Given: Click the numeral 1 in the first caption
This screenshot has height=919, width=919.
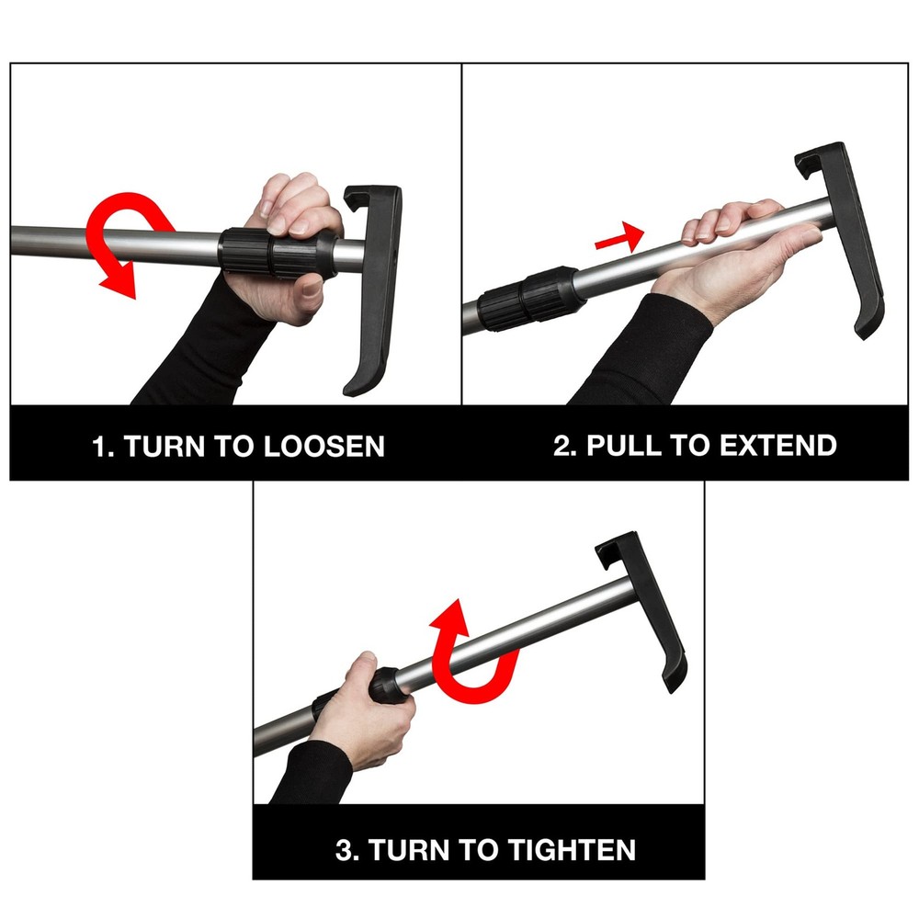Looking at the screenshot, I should (x=99, y=447).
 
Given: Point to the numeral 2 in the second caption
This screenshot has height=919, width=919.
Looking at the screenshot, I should (x=562, y=446).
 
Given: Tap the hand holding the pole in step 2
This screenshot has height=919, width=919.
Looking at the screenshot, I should (x=726, y=248).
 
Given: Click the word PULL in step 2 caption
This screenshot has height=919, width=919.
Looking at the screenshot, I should (x=625, y=446).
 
